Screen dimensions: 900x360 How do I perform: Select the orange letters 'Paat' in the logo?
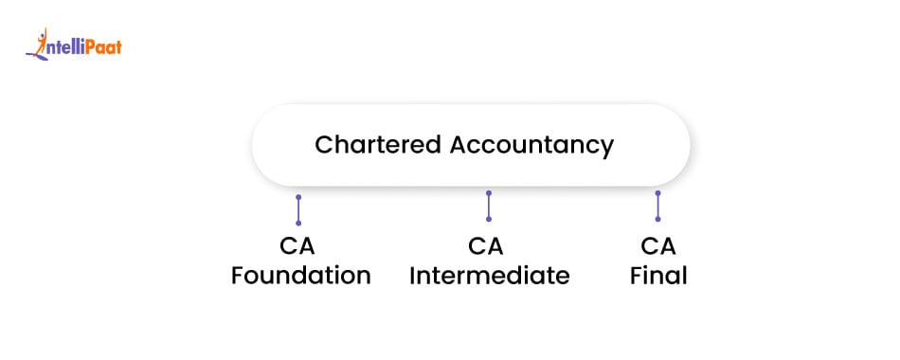coord(102,45)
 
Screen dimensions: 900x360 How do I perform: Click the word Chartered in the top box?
coord(377,145)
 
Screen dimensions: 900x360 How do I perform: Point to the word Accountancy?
coord(532,145)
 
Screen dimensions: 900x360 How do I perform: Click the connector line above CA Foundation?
coord(298,209)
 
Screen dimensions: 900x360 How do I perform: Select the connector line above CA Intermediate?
coord(489,207)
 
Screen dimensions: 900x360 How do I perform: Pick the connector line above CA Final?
coord(657,206)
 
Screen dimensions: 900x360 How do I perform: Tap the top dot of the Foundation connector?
coord(298,197)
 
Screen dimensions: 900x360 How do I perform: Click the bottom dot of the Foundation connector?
coord(298,223)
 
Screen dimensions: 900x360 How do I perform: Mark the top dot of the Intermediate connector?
coord(489,193)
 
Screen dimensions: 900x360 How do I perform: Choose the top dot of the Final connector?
coord(657,193)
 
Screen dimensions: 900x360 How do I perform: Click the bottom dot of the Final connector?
coord(657,219)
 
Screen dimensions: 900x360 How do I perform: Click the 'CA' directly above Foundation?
coord(297,247)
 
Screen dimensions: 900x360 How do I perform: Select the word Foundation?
coord(301,277)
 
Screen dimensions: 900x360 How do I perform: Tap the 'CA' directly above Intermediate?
coord(486,247)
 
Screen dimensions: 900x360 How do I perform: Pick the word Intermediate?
coord(489,277)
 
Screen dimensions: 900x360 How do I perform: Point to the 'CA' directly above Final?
coord(657,247)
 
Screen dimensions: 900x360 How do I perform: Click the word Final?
coord(657,277)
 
